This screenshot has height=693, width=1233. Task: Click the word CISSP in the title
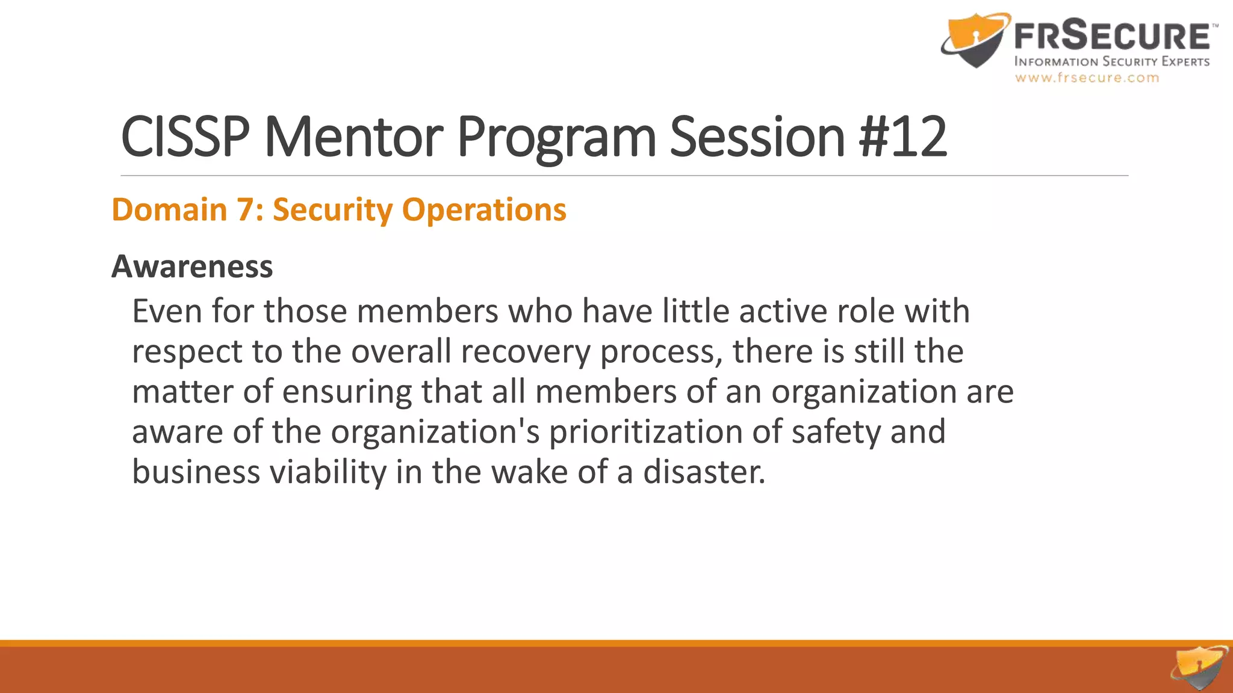[x=185, y=137]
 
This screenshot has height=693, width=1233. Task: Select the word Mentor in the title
[x=353, y=137]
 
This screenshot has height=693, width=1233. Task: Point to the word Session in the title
[x=757, y=137]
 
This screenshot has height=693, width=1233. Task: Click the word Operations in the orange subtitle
[x=484, y=210]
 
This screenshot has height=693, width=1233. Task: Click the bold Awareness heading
[x=192, y=266]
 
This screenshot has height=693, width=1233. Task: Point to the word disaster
[x=704, y=472]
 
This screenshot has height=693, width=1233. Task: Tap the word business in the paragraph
[x=196, y=472]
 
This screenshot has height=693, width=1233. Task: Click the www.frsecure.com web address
[x=1087, y=78]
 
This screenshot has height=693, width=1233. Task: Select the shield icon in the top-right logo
[x=974, y=39]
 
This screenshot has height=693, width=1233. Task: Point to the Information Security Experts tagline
[x=1111, y=61]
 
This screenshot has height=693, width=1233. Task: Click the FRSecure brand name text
[x=1111, y=35]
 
